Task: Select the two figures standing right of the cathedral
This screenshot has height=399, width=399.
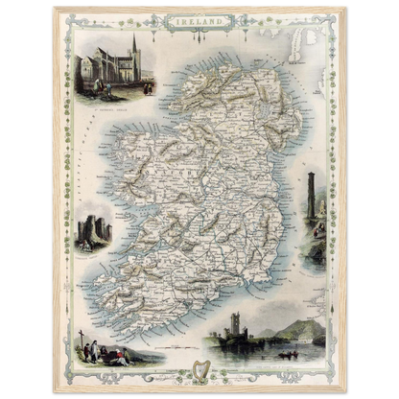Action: point(147,87)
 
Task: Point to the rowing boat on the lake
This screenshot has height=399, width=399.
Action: point(286,354)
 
